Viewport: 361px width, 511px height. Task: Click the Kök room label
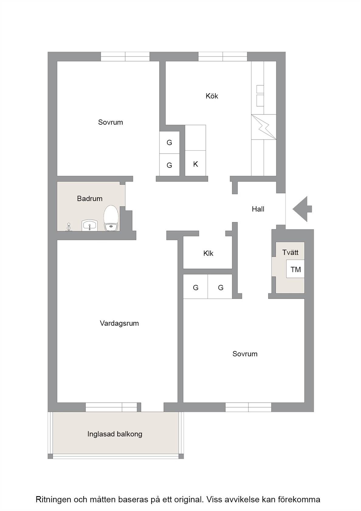point(212,96)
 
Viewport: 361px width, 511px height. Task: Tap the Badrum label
point(90,198)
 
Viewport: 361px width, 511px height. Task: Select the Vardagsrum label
point(119,323)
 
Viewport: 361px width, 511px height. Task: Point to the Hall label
point(258,209)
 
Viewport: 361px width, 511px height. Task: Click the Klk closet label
point(208,253)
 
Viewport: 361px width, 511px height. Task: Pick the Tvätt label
point(290,252)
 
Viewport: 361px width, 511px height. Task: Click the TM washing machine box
point(295,269)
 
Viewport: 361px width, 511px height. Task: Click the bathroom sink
point(90,225)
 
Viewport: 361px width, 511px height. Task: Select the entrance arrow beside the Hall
point(302,209)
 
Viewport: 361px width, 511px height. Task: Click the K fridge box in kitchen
point(195,163)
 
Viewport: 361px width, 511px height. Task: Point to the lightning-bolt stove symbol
point(264,127)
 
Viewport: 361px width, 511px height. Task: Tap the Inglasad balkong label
point(115,434)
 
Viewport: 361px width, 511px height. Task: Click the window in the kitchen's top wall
point(223,57)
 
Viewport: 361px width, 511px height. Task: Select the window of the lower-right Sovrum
point(248,407)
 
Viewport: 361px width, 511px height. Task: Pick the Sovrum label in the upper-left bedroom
point(111,122)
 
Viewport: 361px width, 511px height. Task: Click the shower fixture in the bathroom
point(68,227)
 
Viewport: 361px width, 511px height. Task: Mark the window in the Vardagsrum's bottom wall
point(111,407)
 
